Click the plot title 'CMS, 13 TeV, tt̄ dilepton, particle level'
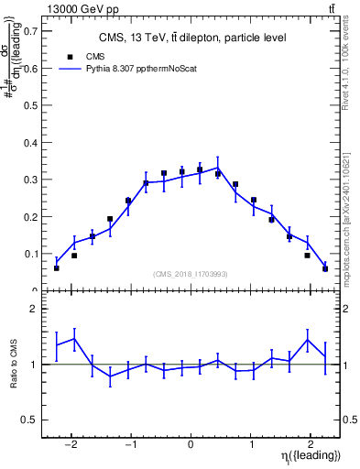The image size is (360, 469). click(192, 38)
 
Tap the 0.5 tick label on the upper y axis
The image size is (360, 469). click(31, 104)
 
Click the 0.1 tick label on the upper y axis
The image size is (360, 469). click(31, 254)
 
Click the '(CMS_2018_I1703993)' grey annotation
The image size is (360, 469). click(191, 274)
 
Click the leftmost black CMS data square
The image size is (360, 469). click(57, 268)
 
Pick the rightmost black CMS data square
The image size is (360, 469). click(325, 268)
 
